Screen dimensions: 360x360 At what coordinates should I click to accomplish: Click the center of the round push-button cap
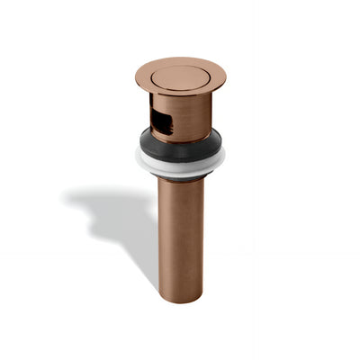180,77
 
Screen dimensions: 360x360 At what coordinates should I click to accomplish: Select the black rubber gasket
180,146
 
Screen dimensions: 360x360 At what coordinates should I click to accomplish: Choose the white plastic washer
180,166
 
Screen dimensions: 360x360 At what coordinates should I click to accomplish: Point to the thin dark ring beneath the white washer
180,176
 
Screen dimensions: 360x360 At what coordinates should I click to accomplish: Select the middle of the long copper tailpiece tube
180,238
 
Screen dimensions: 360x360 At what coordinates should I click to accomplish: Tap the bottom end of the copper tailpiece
180,299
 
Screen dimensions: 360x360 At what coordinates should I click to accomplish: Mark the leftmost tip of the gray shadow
65,196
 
